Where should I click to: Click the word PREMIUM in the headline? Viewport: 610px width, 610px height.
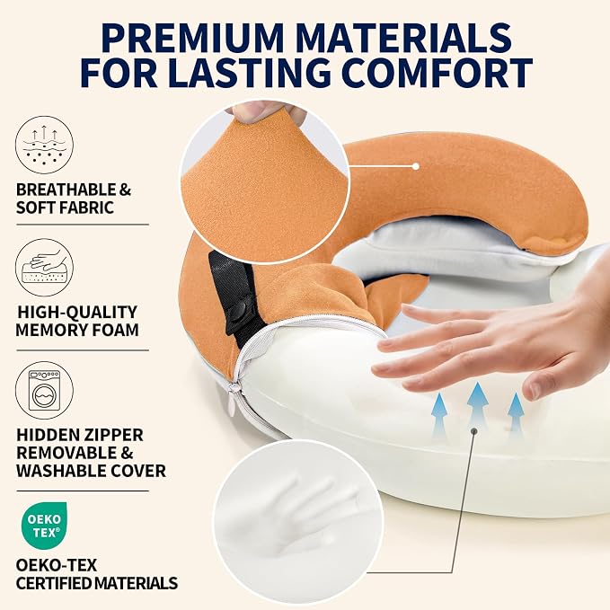click(193, 38)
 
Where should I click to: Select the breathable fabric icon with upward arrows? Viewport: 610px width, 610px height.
click(44, 145)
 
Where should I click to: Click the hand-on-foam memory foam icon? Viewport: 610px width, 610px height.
click(44, 267)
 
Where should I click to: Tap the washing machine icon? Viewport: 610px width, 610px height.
click(44, 390)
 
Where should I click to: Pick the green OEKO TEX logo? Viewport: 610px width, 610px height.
click(44, 526)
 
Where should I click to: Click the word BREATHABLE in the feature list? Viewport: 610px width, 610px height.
click(66, 190)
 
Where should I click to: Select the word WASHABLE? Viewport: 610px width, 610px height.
click(61, 471)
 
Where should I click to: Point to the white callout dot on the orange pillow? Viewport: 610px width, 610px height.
click(415, 166)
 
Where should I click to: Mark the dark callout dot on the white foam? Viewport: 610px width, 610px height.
click(473, 430)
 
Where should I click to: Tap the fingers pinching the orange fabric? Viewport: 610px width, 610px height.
click(264, 111)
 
